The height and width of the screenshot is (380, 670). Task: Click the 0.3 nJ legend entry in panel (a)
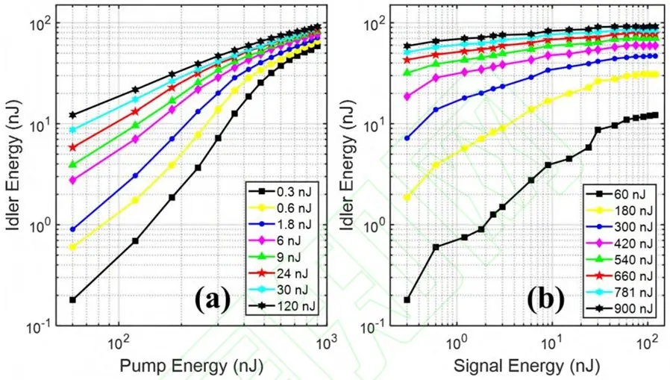[x=283, y=192]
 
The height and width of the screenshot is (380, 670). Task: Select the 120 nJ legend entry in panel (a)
[x=283, y=306]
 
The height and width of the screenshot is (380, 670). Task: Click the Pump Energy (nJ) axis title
[x=191, y=367]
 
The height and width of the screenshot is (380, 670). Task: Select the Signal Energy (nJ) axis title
[x=527, y=367]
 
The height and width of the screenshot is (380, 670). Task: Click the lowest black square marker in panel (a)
[x=72, y=299]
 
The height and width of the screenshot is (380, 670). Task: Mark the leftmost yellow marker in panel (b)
[x=407, y=197]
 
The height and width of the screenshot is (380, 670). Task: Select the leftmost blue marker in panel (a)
[x=72, y=229]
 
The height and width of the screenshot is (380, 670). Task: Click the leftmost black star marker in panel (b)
[x=407, y=46]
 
